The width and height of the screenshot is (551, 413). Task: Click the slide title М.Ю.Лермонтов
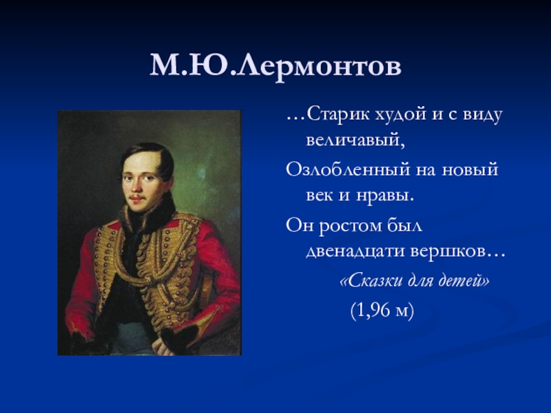275,65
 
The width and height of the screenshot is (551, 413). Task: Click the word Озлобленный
348,169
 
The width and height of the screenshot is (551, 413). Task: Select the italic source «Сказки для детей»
415,281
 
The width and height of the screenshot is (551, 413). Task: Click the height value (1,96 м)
382,310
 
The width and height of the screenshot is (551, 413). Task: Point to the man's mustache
136,196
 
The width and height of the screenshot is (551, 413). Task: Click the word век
320,195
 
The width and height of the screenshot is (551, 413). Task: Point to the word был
404,225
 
